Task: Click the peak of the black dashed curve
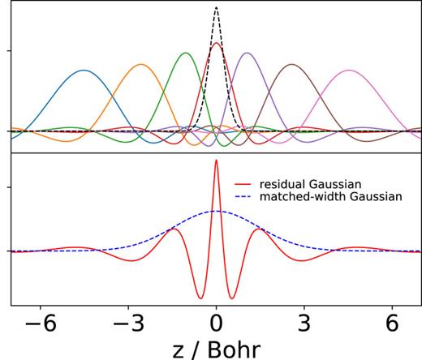[x=216, y=7]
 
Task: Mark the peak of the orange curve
[x=142, y=64]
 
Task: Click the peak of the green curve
[x=186, y=53]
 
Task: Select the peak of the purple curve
[x=246, y=53]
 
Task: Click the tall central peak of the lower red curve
[x=216, y=160]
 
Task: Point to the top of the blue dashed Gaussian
[x=216, y=211]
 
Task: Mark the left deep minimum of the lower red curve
[x=200, y=298]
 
